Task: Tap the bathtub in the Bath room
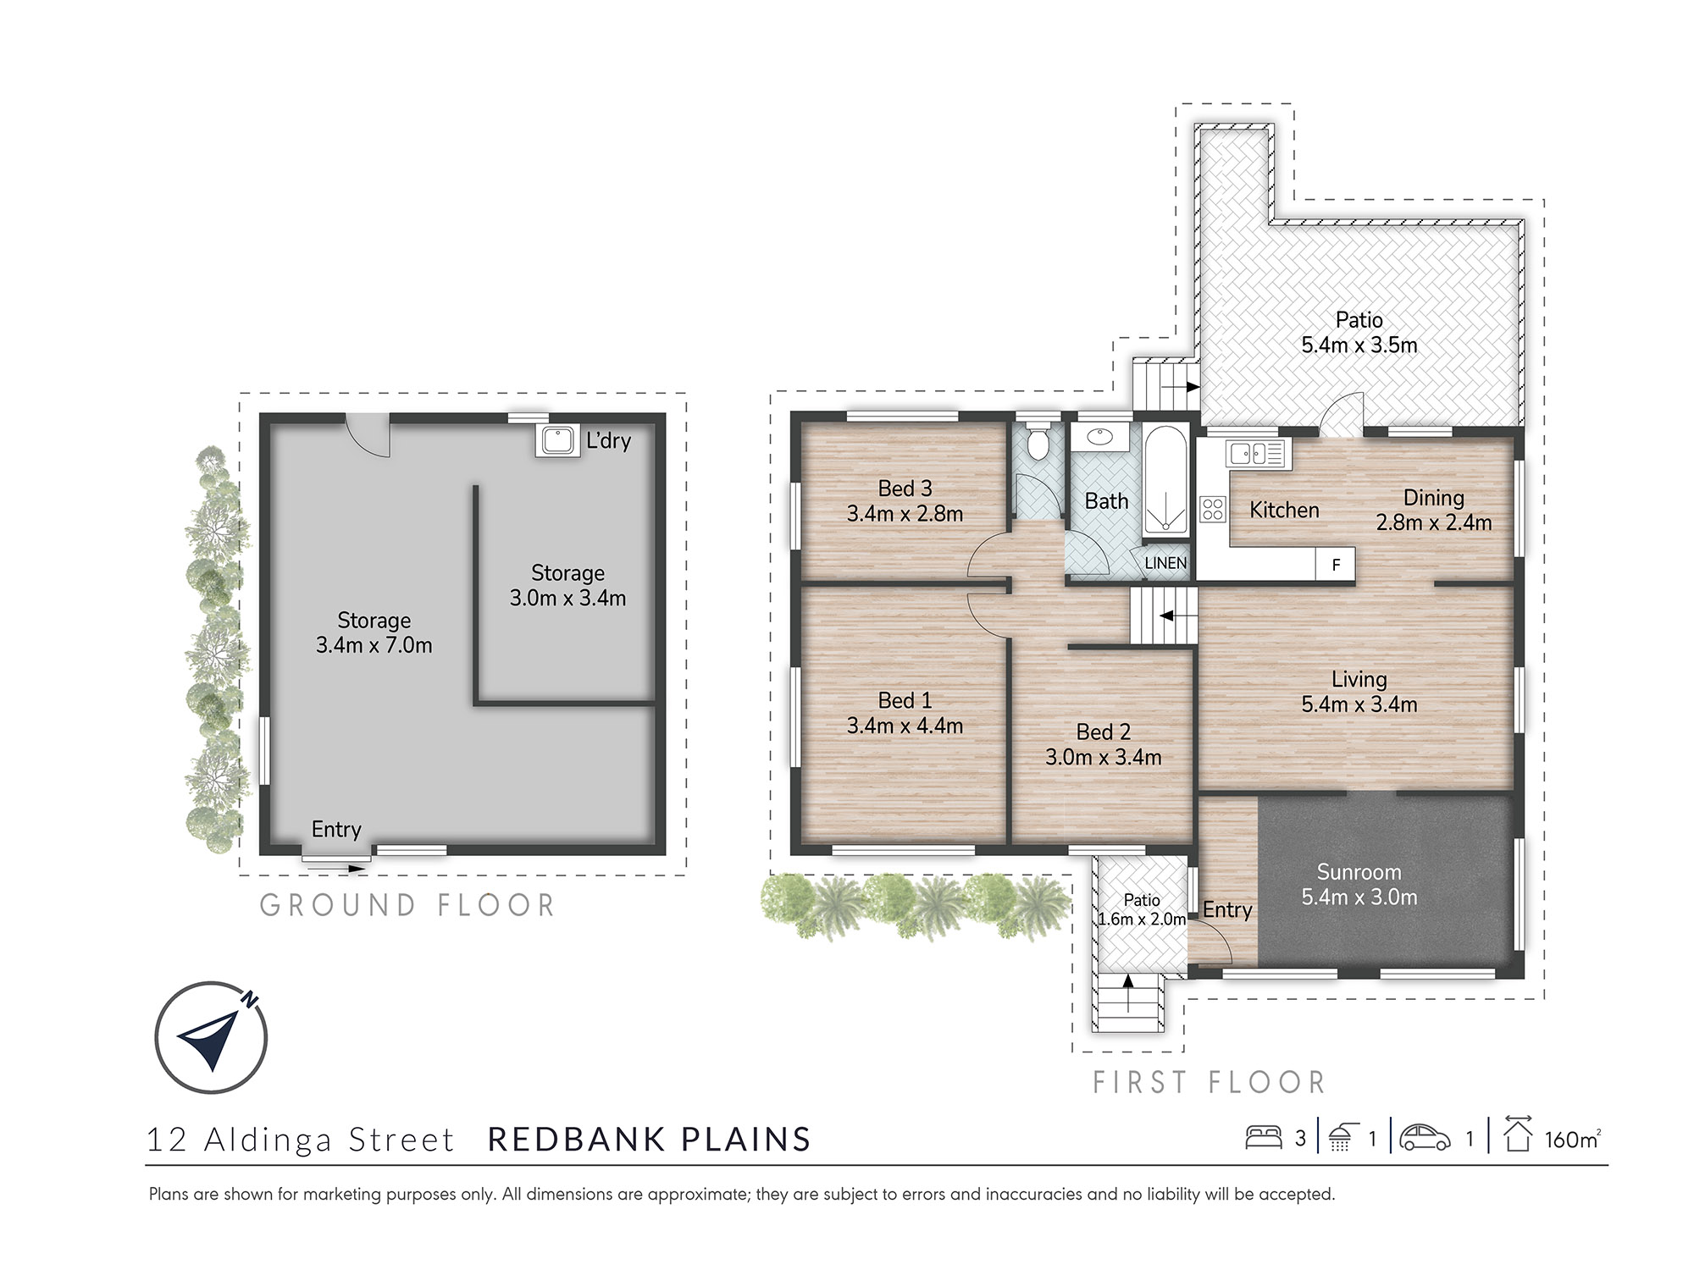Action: click(x=1165, y=480)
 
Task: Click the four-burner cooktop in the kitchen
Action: click(x=1213, y=509)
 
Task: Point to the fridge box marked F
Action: click(x=1336, y=565)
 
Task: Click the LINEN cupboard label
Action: click(x=1165, y=563)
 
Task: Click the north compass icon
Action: click(x=211, y=1036)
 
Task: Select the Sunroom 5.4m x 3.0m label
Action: click(x=1359, y=885)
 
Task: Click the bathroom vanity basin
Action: click(x=1099, y=437)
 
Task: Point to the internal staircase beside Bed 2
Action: click(x=1164, y=616)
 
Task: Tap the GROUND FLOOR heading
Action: click(x=407, y=905)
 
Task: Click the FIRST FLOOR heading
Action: click(x=1209, y=1082)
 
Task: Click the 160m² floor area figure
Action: click(x=1572, y=1139)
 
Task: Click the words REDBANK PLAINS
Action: click(x=650, y=1140)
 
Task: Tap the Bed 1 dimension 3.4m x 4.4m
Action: click(x=905, y=726)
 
